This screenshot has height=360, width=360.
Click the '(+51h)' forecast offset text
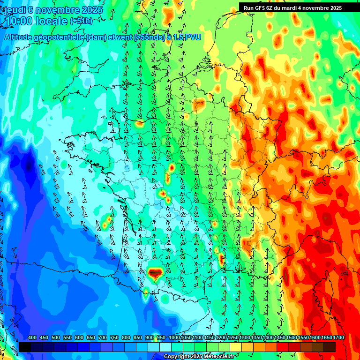tap(81, 21)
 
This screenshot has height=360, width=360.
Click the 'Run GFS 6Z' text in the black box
tap(260, 8)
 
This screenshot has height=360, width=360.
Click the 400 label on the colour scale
tap(32, 338)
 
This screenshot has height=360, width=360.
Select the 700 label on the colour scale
tap(103, 338)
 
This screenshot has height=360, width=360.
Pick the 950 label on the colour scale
tap(161, 338)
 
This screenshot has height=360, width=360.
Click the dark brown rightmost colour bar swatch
tap(330, 347)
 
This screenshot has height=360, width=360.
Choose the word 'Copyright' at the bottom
tap(176, 357)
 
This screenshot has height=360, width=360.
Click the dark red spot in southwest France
tap(154, 272)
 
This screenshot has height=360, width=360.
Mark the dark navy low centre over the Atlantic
tap(30, 165)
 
